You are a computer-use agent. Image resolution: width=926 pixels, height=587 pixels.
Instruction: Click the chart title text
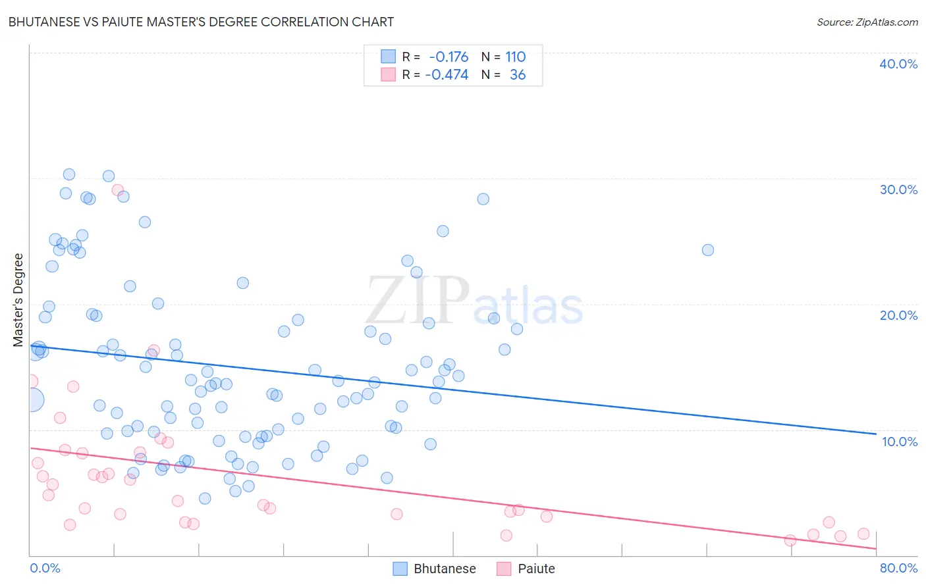coord(201,22)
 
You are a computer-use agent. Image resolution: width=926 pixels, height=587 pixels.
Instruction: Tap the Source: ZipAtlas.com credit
coord(867,22)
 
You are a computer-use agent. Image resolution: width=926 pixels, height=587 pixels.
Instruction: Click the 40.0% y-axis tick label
coord(898,64)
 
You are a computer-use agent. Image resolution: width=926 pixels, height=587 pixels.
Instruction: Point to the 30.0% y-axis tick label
coord(898,190)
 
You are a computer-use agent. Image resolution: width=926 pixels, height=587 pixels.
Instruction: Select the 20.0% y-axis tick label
coord(898,315)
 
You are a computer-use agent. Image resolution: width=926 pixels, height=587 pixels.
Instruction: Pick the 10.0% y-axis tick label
coord(899,442)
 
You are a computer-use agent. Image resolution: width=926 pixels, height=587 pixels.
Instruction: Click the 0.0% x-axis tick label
coord(45,568)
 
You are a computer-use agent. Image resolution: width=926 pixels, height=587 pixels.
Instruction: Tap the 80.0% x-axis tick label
coord(898,568)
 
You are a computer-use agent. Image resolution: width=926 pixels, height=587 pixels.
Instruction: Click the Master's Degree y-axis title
coord(18,299)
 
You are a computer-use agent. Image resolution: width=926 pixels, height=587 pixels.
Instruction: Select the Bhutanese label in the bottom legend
coord(445,569)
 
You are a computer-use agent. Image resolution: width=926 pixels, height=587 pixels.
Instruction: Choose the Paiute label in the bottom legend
coord(536,569)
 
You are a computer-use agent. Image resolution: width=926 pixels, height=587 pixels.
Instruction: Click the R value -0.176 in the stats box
coord(449,57)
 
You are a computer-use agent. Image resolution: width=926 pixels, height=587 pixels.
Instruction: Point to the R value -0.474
coord(447,75)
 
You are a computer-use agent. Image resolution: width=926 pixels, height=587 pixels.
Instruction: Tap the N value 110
coord(515,57)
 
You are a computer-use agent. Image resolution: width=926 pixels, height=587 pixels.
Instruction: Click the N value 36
coord(518,75)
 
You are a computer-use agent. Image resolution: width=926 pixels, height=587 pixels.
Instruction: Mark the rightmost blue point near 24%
coord(708,250)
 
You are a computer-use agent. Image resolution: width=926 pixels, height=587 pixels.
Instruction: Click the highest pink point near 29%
coord(118,190)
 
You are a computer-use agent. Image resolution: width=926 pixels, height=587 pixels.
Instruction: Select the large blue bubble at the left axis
coord(32,399)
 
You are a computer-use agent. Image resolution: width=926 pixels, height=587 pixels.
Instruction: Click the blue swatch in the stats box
coord(389,57)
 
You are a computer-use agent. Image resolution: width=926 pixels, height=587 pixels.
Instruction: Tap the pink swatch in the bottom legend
coord(504,569)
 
